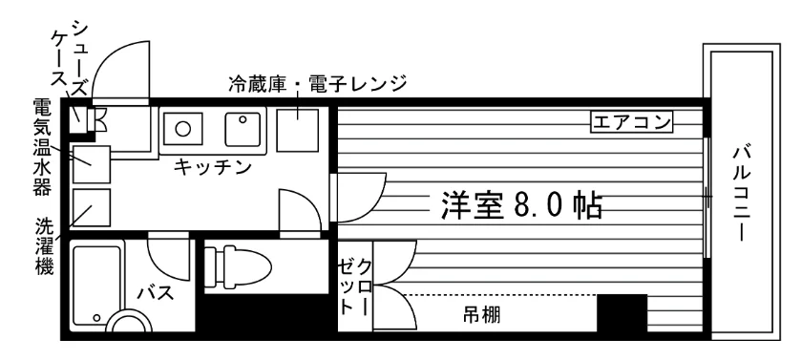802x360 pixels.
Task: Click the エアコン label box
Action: pyautogui.click(x=631, y=123)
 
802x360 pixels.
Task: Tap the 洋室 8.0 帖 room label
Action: pyautogui.click(x=521, y=205)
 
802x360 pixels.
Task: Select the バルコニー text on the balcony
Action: pyautogui.click(x=742, y=194)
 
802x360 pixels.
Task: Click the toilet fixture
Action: pyautogui.click(x=238, y=265)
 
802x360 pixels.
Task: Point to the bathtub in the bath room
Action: pyautogui.click(x=97, y=286)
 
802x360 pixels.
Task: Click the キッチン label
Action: pyautogui.click(x=213, y=167)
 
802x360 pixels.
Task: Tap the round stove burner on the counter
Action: pyautogui.click(x=183, y=128)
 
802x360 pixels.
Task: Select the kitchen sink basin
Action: pyautogui.click(x=243, y=129)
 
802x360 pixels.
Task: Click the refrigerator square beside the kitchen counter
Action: pyautogui.click(x=297, y=130)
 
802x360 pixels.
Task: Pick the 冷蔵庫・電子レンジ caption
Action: pyautogui.click(x=317, y=83)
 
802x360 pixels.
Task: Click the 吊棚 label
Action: pyautogui.click(x=482, y=315)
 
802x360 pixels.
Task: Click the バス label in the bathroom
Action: pyautogui.click(x=155, y=293)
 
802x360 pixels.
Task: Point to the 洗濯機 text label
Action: pyautogui.click(x=45, y=246)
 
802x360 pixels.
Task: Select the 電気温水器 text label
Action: pyautogui.click(x=42, y=147)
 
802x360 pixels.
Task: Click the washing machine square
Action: pyautogui.click(x=92, y=207)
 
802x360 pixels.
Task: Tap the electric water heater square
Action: pyautogui.click(x=92, y=164)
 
